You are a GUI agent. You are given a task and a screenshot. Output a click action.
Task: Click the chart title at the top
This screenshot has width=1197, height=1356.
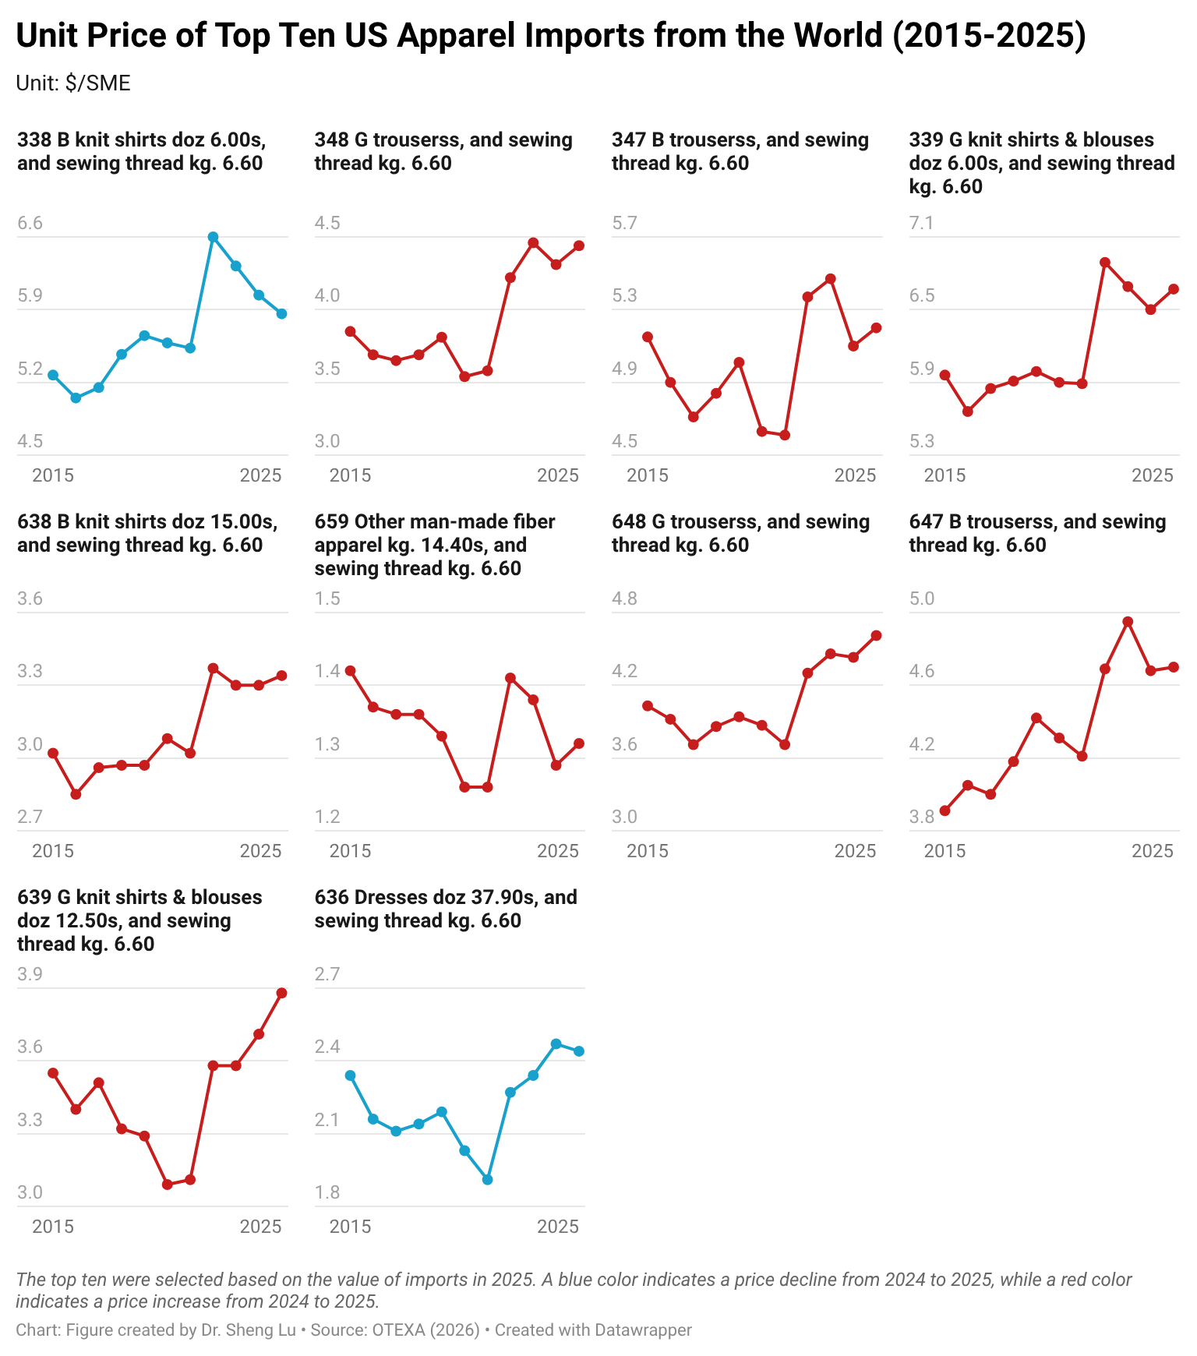pos(550,36)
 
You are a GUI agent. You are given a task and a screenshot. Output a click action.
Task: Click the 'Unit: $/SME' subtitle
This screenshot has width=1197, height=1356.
pos(73,83)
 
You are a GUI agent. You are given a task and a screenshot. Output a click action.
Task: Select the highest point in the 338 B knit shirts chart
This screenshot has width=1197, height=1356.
pos(213,237)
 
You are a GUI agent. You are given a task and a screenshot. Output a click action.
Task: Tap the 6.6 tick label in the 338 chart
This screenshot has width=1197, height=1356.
pos(30,224)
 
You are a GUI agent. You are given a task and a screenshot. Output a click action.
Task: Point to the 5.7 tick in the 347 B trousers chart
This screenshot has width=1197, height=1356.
pos(624,224)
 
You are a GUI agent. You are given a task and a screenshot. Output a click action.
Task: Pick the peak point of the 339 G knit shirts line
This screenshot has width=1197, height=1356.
pos(1104,263)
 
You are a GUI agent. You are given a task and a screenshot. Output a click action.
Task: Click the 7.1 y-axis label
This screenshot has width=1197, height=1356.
pos(921,224)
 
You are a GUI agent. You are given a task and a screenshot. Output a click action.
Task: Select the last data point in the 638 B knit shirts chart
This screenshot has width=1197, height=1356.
pos(282,676)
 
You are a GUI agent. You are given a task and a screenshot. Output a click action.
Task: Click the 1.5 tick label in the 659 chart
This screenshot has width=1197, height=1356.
pos(327,599)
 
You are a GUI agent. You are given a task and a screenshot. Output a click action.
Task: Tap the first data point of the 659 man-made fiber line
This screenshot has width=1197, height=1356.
pos(351,671)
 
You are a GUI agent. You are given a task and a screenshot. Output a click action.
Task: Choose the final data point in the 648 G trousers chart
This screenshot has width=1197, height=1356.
pos(876,636)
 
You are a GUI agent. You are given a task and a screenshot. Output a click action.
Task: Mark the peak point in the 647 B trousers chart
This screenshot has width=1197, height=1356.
pos(1127,622)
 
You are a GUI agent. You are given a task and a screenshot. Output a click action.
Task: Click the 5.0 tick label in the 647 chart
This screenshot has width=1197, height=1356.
pos(921,599)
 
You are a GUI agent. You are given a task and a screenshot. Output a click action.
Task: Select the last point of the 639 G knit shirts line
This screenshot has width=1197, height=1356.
pos(282,993)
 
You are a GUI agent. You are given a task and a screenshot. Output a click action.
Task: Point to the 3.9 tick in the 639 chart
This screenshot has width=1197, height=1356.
pos(30,974)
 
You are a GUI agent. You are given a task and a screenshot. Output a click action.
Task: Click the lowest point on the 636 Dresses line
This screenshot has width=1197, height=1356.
pos(487,1180)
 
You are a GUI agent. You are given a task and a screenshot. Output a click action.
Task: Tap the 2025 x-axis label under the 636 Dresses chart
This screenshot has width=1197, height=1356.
pos(558,1227)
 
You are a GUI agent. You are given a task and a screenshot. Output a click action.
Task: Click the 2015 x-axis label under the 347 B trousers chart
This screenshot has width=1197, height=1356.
pos(648,475)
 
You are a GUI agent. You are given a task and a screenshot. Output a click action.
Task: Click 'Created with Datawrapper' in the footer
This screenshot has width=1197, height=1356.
pos(593,1330)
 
